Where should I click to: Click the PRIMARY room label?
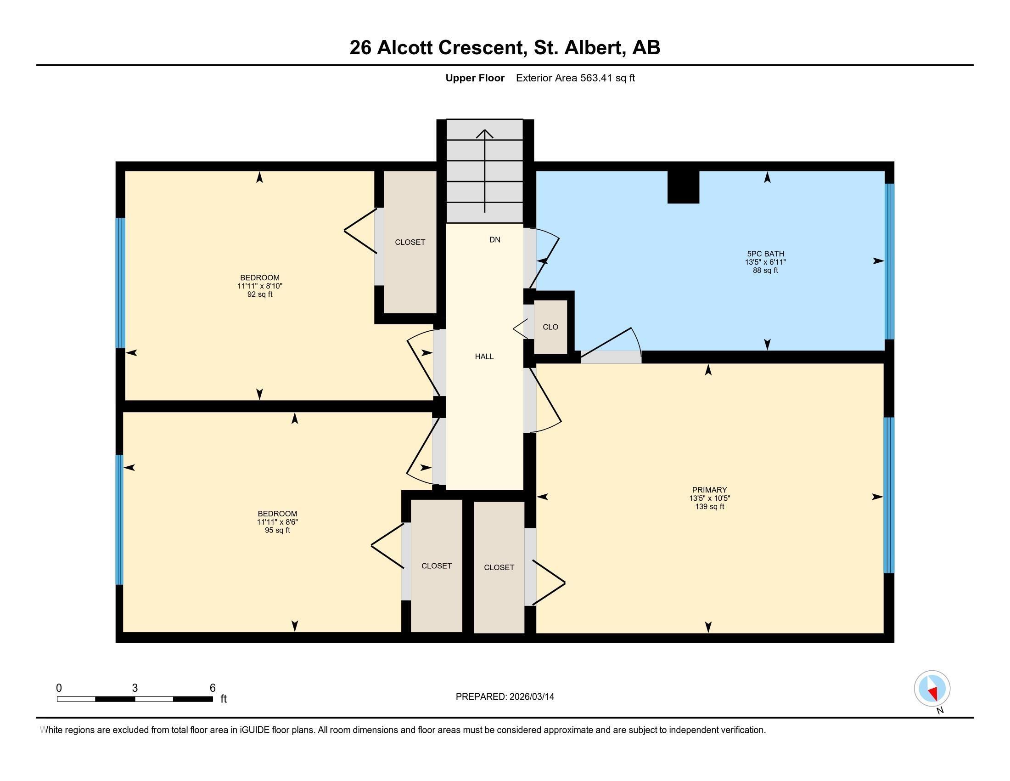click(709, 490)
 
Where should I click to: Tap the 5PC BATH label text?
click(765, 254)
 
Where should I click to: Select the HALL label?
click(484, 356)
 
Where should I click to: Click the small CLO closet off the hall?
click(550, 327)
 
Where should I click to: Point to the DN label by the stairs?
click(495, 240)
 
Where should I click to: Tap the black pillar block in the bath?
click(683, 187)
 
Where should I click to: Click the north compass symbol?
click(932, 689)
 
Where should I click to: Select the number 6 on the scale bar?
click(213, 688)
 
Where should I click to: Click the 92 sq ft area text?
click(260, 294)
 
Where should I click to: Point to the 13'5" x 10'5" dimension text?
click(709, 498)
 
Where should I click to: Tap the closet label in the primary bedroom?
click(499, 567)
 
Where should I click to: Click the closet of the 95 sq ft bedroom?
click(437, 566)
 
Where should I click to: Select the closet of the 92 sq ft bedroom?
click(410, 242)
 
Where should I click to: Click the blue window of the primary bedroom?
click(888, 495)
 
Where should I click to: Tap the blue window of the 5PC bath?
click(889, 261)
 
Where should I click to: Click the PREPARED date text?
click(505, 696)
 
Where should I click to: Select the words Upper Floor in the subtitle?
click(475, 78)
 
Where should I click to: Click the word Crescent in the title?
click(483, 47)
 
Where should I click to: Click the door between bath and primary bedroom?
click(611, 357)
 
